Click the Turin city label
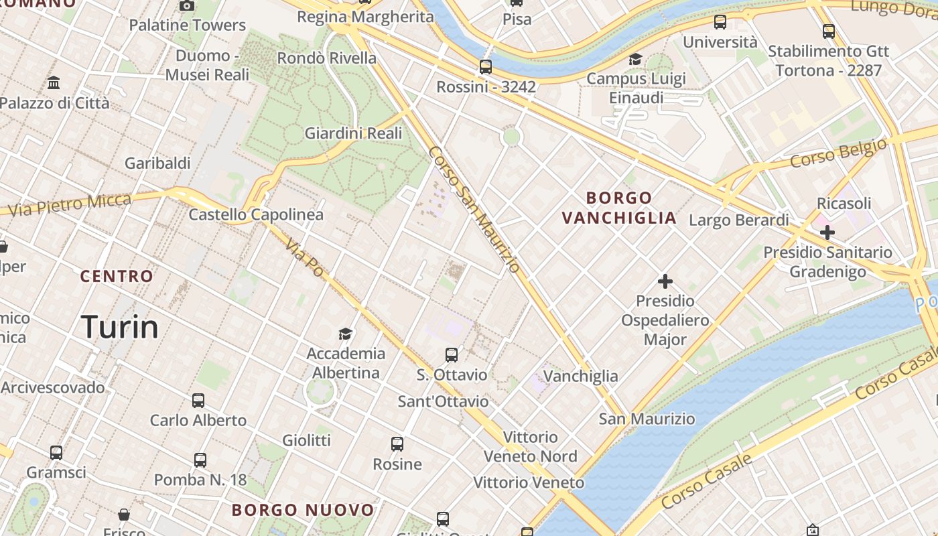pos(120,327)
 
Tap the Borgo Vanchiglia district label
pos(619,208)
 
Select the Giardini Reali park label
pos(353,133)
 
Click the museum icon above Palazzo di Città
pos(54,83)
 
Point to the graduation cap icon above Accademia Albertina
pos(345,334)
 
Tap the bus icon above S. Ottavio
pos(452,354)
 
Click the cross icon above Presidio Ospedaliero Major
pos(665,281)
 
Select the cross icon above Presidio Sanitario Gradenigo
pos(827,232)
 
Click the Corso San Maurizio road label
pos(474,209)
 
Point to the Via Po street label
pos(304,257)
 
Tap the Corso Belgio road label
pos(838,153)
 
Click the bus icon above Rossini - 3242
pos(486,67)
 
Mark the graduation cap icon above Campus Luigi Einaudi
pos(635,60)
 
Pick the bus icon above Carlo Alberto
pos(198,401)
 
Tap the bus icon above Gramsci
pos(56,453)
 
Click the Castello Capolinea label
pos(256,214)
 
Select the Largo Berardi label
pos(739,220)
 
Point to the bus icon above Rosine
pos(397,444)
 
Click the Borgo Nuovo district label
pos(303,510)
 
